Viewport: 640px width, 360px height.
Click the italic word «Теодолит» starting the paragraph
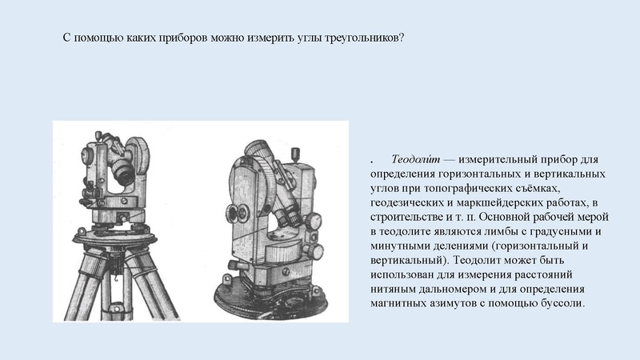pyautogui.click(x=415, y=158)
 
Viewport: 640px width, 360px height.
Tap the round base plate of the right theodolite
pyautogui.click(x=271, y=298)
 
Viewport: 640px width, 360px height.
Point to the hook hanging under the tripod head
pyautogui.click(x=116, y=279)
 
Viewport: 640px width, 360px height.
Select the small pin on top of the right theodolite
pyautogui.click(x=296, y=155)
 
